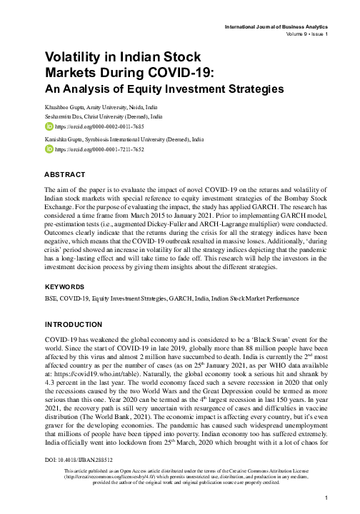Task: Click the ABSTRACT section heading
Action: (x=65, y=175)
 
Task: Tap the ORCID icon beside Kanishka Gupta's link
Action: (x=49, y=150)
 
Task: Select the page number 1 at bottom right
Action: (x=326, y=498)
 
